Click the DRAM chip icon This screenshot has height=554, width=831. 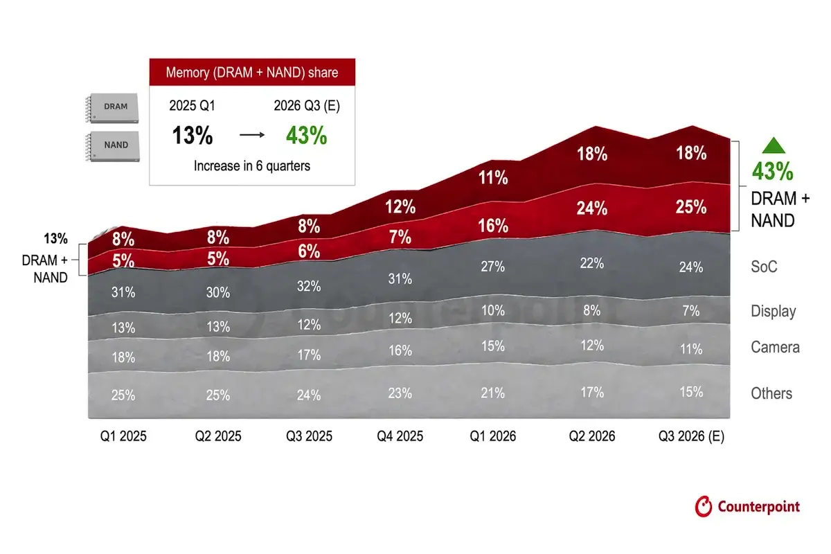[x=112, y=108]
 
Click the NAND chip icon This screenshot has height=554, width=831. [x=112, y=146]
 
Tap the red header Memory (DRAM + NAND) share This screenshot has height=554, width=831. [x=252, y=72]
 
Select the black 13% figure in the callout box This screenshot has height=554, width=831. [x=193, y=135]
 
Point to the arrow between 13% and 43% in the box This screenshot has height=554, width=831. [x=252, y=135]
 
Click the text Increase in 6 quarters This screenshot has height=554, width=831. [x=252, y=166]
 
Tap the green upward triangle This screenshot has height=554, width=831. [x=774, y=145]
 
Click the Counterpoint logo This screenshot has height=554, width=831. [x=747, y=506]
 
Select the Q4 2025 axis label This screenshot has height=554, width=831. [x=400, y=436]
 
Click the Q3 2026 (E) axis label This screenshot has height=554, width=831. [x=692, y=436]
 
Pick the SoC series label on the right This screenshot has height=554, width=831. [x=764, y=267]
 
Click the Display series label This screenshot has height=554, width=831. [x=774, y=312]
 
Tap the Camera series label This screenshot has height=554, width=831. [x=776, y=348]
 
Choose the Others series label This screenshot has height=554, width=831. [x=771, y=393]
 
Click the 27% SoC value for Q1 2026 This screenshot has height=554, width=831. [x=492, y=266]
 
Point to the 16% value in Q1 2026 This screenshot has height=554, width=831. [x=493, y=226]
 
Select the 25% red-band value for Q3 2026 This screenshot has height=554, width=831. [x=691, y=207]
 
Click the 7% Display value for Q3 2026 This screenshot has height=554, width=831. [x=691, y=310]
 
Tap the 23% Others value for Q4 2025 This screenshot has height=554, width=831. [x=400, y=393]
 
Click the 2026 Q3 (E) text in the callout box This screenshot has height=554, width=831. [x=307, y=106]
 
